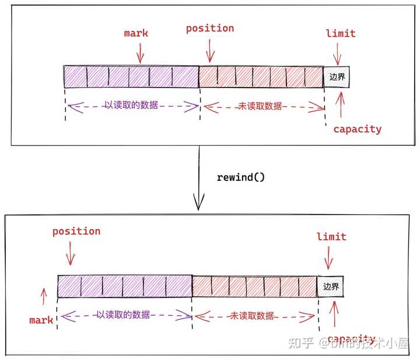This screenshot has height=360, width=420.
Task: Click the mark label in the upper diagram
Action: (x=136, y=33)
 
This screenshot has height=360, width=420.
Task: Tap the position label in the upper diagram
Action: (x=210, y=28)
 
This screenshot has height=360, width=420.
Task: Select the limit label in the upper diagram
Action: (x=341, y=33)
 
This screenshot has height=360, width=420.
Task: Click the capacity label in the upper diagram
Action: (x=357, y=129)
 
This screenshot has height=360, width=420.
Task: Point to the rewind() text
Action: (x=240, y=176)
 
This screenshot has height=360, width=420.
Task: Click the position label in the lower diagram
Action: (x=76, y=231)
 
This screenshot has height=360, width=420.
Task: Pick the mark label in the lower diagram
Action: (x=41, y=320)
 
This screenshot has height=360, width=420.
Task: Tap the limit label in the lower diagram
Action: (x=331, y=236)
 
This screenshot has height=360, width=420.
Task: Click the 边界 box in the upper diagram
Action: (x=337, y=77)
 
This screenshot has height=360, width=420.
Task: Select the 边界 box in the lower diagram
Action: (x=331, y=287)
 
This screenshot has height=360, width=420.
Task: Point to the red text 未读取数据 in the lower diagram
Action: (x=252, y=316)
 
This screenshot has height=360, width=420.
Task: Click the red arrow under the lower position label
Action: (x=71, y=253)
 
